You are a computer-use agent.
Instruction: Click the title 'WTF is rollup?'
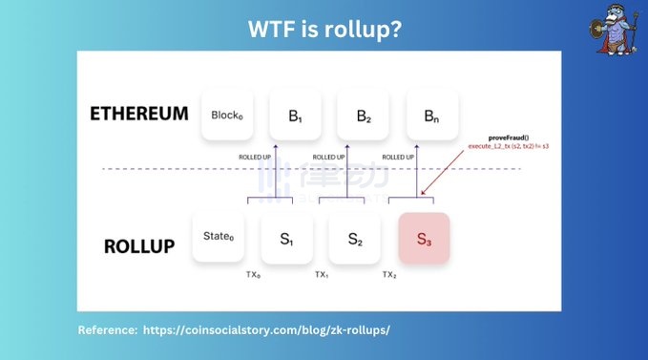[x=324, y=30]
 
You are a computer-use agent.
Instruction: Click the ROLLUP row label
[x=139, y=245]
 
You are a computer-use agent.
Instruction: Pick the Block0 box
[x=228, y=116]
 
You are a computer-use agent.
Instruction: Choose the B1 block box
[x=296, y=116]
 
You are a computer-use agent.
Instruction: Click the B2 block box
[x=364, y=116]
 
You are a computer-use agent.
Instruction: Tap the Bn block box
[x=432, y=116]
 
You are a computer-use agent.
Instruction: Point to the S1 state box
[x=285, y=238]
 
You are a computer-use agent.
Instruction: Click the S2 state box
[x=354, y=238]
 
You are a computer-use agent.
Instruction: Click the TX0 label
[x=253, y=274]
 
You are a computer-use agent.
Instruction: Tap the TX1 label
[x=322, y=274]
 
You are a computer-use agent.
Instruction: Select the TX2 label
[x=389, y=274]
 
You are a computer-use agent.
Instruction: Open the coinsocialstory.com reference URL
[x=266, y=329]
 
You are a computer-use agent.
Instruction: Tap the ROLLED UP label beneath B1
[x=257, y=157]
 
